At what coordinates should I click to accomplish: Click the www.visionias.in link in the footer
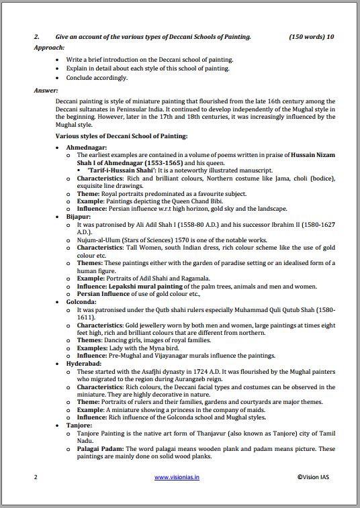point(179,477)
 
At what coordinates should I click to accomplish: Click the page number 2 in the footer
point(36,477)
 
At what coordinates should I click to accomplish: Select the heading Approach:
point(49,48)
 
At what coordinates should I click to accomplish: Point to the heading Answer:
point(46,89)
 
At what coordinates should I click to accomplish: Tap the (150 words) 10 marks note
point(311,37)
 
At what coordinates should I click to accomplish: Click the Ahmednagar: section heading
point(87,147)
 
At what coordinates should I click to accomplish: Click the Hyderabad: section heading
point(85,362)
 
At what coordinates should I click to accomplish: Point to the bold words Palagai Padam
point(99,448)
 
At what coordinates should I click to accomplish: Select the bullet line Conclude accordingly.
point(96,77)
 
